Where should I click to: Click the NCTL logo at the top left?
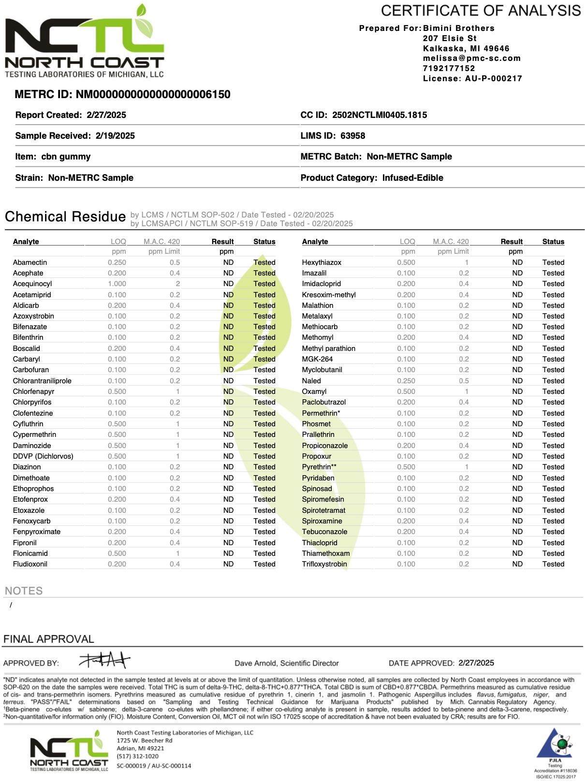coord(85,43)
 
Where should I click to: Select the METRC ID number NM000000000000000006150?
coord(153,94)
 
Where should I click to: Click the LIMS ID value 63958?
coord(352,136)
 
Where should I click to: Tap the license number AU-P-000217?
coord(494,78)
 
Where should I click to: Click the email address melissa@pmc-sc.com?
coord(472,58)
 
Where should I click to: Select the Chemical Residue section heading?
coord(65,217)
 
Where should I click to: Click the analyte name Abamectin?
coord(30,262)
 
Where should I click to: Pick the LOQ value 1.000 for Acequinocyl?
coord(117,284)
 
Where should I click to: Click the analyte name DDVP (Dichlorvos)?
coord(43,456)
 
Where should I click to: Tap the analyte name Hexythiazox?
coord(322,262)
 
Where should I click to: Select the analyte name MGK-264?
coord(317,359)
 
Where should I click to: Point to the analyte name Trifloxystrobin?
coord(324,564)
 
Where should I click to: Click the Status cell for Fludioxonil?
coord(264,564)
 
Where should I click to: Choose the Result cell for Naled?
coord(517,381)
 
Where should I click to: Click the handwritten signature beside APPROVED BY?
coord(105,659)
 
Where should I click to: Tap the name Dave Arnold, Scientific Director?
coord(287,663)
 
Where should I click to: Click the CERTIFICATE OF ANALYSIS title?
coord(481,11)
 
